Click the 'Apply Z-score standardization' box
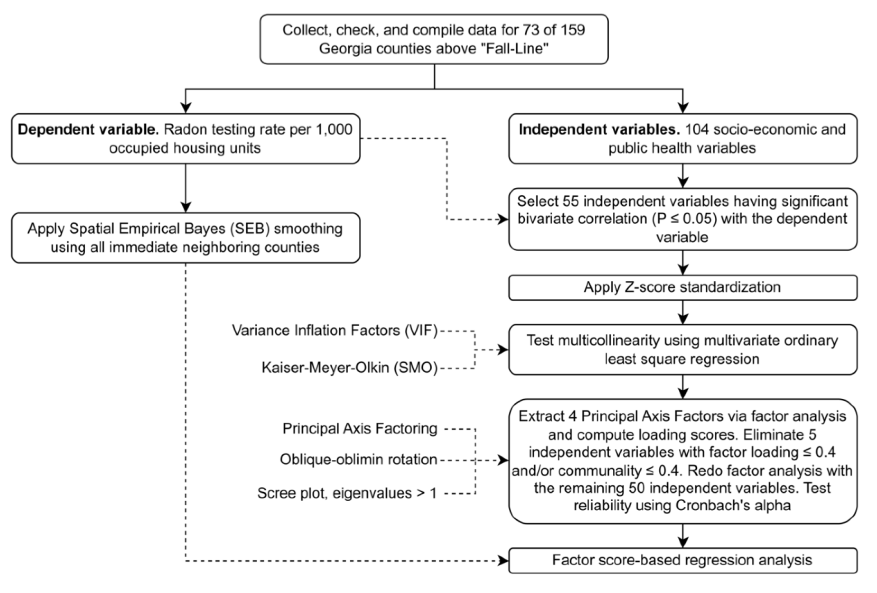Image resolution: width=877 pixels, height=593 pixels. point(682,287)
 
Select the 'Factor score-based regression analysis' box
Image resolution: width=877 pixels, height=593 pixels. point(682,560)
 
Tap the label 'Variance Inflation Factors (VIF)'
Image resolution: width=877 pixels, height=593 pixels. point(335,330)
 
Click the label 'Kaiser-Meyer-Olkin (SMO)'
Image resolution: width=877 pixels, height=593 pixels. point(349,367)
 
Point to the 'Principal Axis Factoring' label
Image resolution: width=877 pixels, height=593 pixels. point(360,428)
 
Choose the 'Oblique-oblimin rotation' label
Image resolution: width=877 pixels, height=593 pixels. point(358,460)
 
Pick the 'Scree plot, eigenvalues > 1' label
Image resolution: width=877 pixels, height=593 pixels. point(347,493)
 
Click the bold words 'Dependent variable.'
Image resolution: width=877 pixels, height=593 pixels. point(88,129)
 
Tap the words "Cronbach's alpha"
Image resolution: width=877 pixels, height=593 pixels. point(733,505)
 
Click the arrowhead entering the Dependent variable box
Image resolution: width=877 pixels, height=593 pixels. point(186,108)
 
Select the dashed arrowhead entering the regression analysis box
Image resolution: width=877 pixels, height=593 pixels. point(503,561)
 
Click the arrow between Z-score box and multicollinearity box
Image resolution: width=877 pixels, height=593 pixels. point(683,312)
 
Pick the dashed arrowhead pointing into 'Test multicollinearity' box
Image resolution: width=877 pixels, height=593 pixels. point(503,350)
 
